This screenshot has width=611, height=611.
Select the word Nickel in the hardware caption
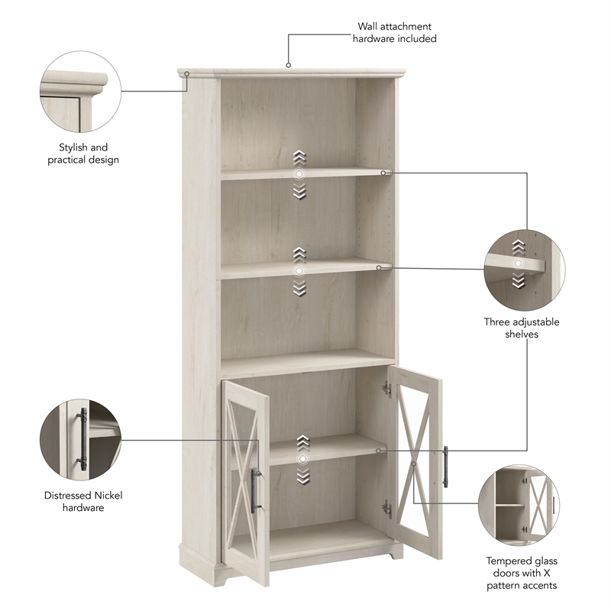107,495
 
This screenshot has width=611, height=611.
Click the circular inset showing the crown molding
80,92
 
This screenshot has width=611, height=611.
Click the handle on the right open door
445,467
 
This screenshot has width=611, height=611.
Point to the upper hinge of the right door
387,390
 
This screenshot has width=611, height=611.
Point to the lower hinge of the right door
387,508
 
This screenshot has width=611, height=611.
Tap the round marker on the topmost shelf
299,175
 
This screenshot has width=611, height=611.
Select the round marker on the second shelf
299,270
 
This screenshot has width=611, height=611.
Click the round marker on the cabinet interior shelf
304,459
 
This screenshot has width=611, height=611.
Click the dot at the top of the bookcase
289,66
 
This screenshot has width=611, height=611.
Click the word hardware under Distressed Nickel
83,507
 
